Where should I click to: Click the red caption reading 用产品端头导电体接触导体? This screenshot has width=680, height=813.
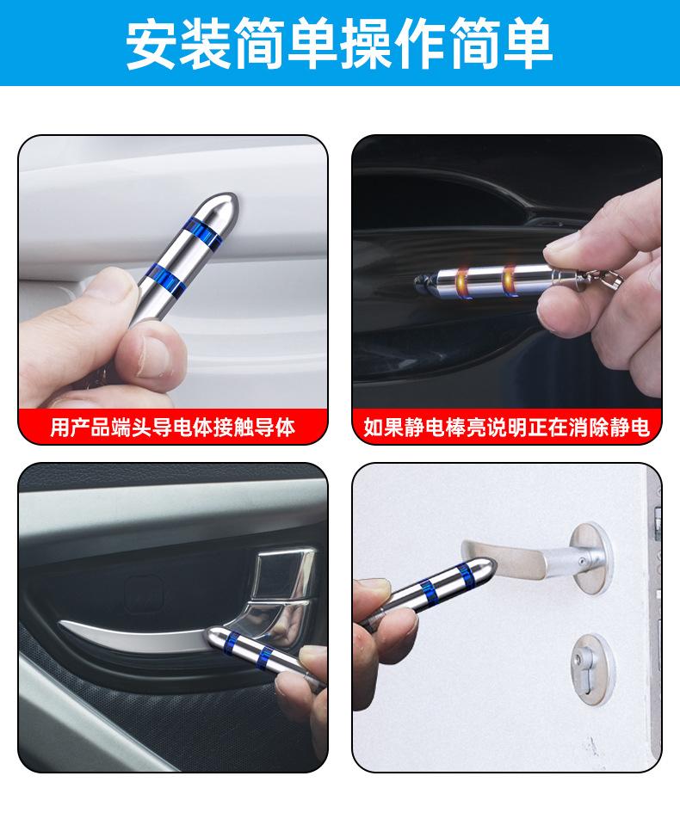click(x=173, y=428)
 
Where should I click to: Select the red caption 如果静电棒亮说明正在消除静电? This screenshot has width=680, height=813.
click(x=507, y=428)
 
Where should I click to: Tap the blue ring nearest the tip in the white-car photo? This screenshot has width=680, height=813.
click(x=203, y=232)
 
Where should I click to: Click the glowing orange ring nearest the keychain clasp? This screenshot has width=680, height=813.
click(x=507, y=280)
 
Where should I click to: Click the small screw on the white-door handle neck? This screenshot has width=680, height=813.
click(x=584, y=562)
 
